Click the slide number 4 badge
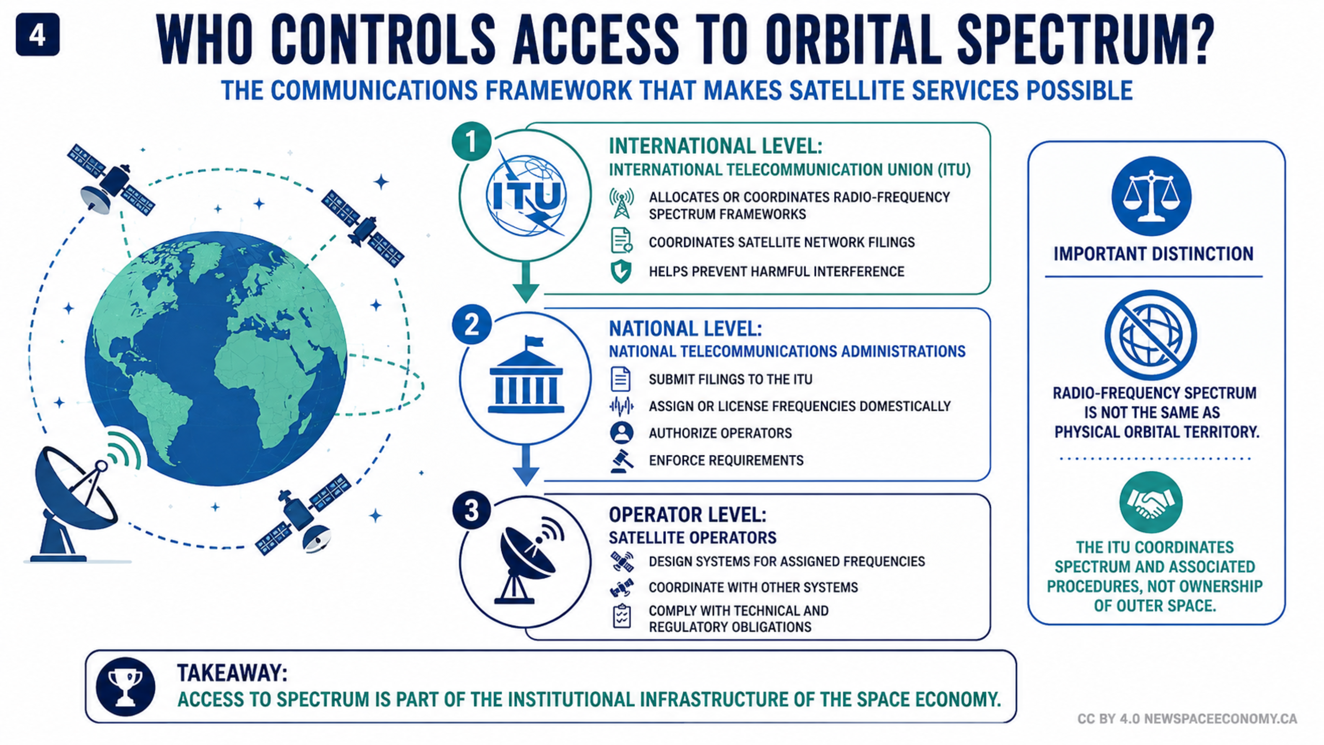click(38, 35)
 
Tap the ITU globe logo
click(526, 196)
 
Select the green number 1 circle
click(471, 141)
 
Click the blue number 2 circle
click(471, 325)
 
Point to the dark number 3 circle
click(471, 510)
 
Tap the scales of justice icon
click(1151, 196)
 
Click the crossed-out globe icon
click(1151, 335)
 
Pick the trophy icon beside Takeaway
click(126, 687)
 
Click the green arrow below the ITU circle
click(526, 282)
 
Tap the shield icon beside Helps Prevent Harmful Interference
click(621, 272)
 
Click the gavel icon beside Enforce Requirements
click(621, 460)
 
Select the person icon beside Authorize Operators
click(621, 433)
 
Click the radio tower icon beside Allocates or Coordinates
click(621, 204)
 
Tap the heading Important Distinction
click(1153, 254)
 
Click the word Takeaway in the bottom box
click(232, 673)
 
